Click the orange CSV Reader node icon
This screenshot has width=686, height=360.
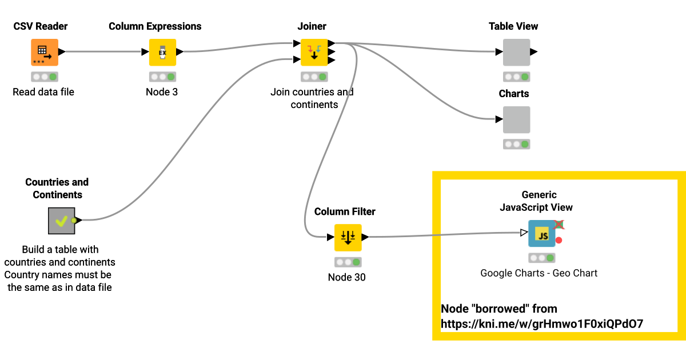point(45,53)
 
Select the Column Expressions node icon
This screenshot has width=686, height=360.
point(162,53)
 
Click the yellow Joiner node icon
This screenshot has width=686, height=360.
point(314,53)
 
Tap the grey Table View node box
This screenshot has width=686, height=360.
point(516,53)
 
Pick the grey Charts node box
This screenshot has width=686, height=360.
point(516,120)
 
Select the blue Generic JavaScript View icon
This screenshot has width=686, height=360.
point(541,234)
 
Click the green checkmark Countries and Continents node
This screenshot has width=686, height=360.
point(61,221)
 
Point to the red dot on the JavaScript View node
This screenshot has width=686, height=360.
point(559,240)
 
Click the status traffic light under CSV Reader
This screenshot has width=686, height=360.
point(45,77)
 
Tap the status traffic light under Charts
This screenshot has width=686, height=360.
point(516,144)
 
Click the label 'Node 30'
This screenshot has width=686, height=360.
point(346,278)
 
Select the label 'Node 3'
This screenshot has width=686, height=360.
point(162,92)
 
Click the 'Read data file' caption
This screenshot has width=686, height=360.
point(43,92)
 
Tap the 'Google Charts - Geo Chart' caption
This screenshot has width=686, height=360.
point(539,273)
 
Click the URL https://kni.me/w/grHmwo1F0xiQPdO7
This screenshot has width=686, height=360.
point(542,324)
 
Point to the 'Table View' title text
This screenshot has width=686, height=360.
point(513,26)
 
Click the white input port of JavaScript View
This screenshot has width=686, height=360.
point(524,233)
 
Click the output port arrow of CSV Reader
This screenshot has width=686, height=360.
point(62,52)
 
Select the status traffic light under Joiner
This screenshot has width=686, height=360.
point(314,77)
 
